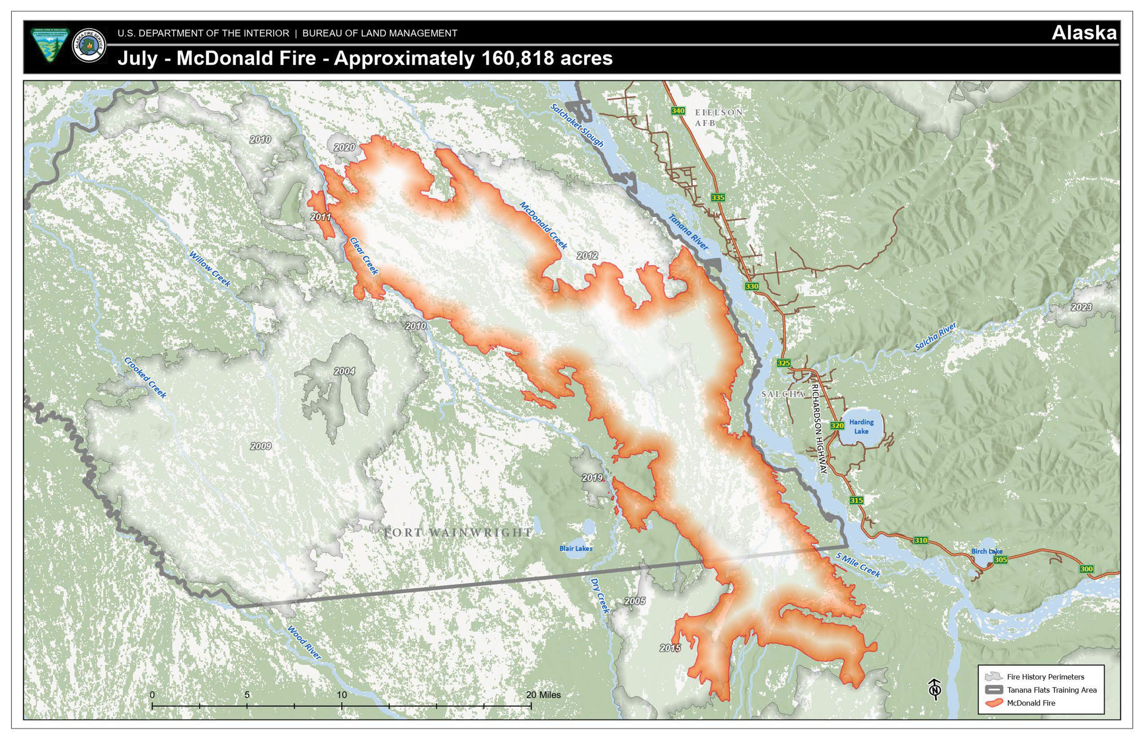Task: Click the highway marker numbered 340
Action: click(678, 111)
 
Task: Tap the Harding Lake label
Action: click(861, 427)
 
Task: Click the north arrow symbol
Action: click(934, 690)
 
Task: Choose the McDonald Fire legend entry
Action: click(1031, 703)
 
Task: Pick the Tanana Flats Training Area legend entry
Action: click(1051, 690)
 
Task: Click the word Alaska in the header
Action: click(1084, 33)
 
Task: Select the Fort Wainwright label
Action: click(458, 533)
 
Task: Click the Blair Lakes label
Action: click(576, 548)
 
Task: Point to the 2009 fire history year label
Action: click(260, 446)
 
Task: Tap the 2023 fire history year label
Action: click(1081, 307)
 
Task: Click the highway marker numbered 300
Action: click(1086, 569)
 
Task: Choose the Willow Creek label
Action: click(210, 269)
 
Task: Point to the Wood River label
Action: click(304, 642)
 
